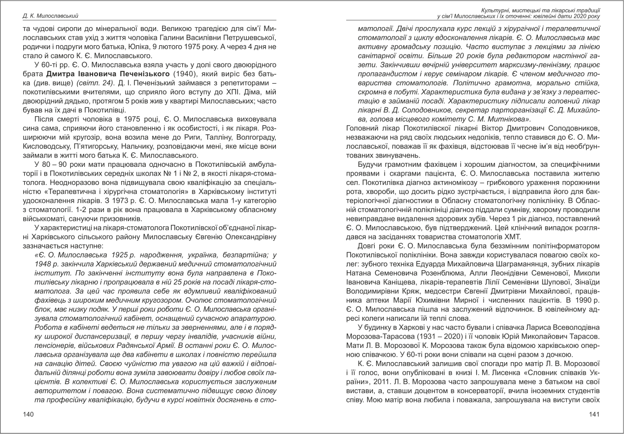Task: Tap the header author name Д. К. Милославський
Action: (47, 15)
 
